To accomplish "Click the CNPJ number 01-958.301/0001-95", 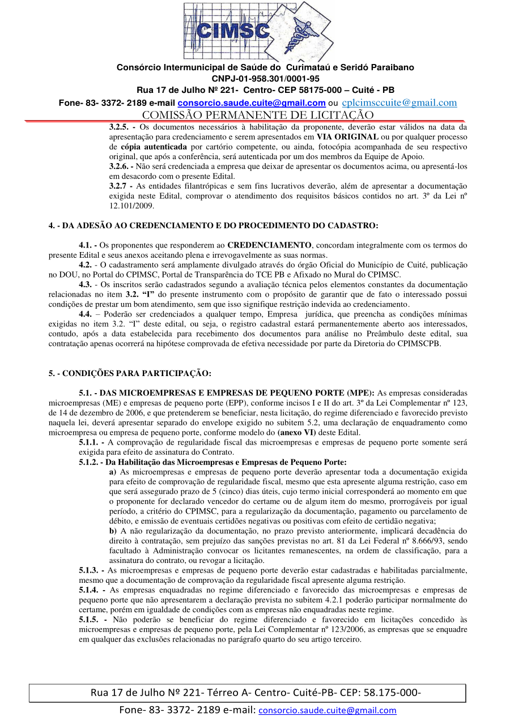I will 265,79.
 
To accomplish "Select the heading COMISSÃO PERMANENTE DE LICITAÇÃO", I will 258,115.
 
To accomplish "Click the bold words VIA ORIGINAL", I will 347,137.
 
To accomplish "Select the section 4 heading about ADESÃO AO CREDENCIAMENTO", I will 213,225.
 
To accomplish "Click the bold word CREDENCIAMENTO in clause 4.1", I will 269,245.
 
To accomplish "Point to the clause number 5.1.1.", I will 90,442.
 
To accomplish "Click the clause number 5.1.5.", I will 90,620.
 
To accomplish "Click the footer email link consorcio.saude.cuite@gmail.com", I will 327,710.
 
